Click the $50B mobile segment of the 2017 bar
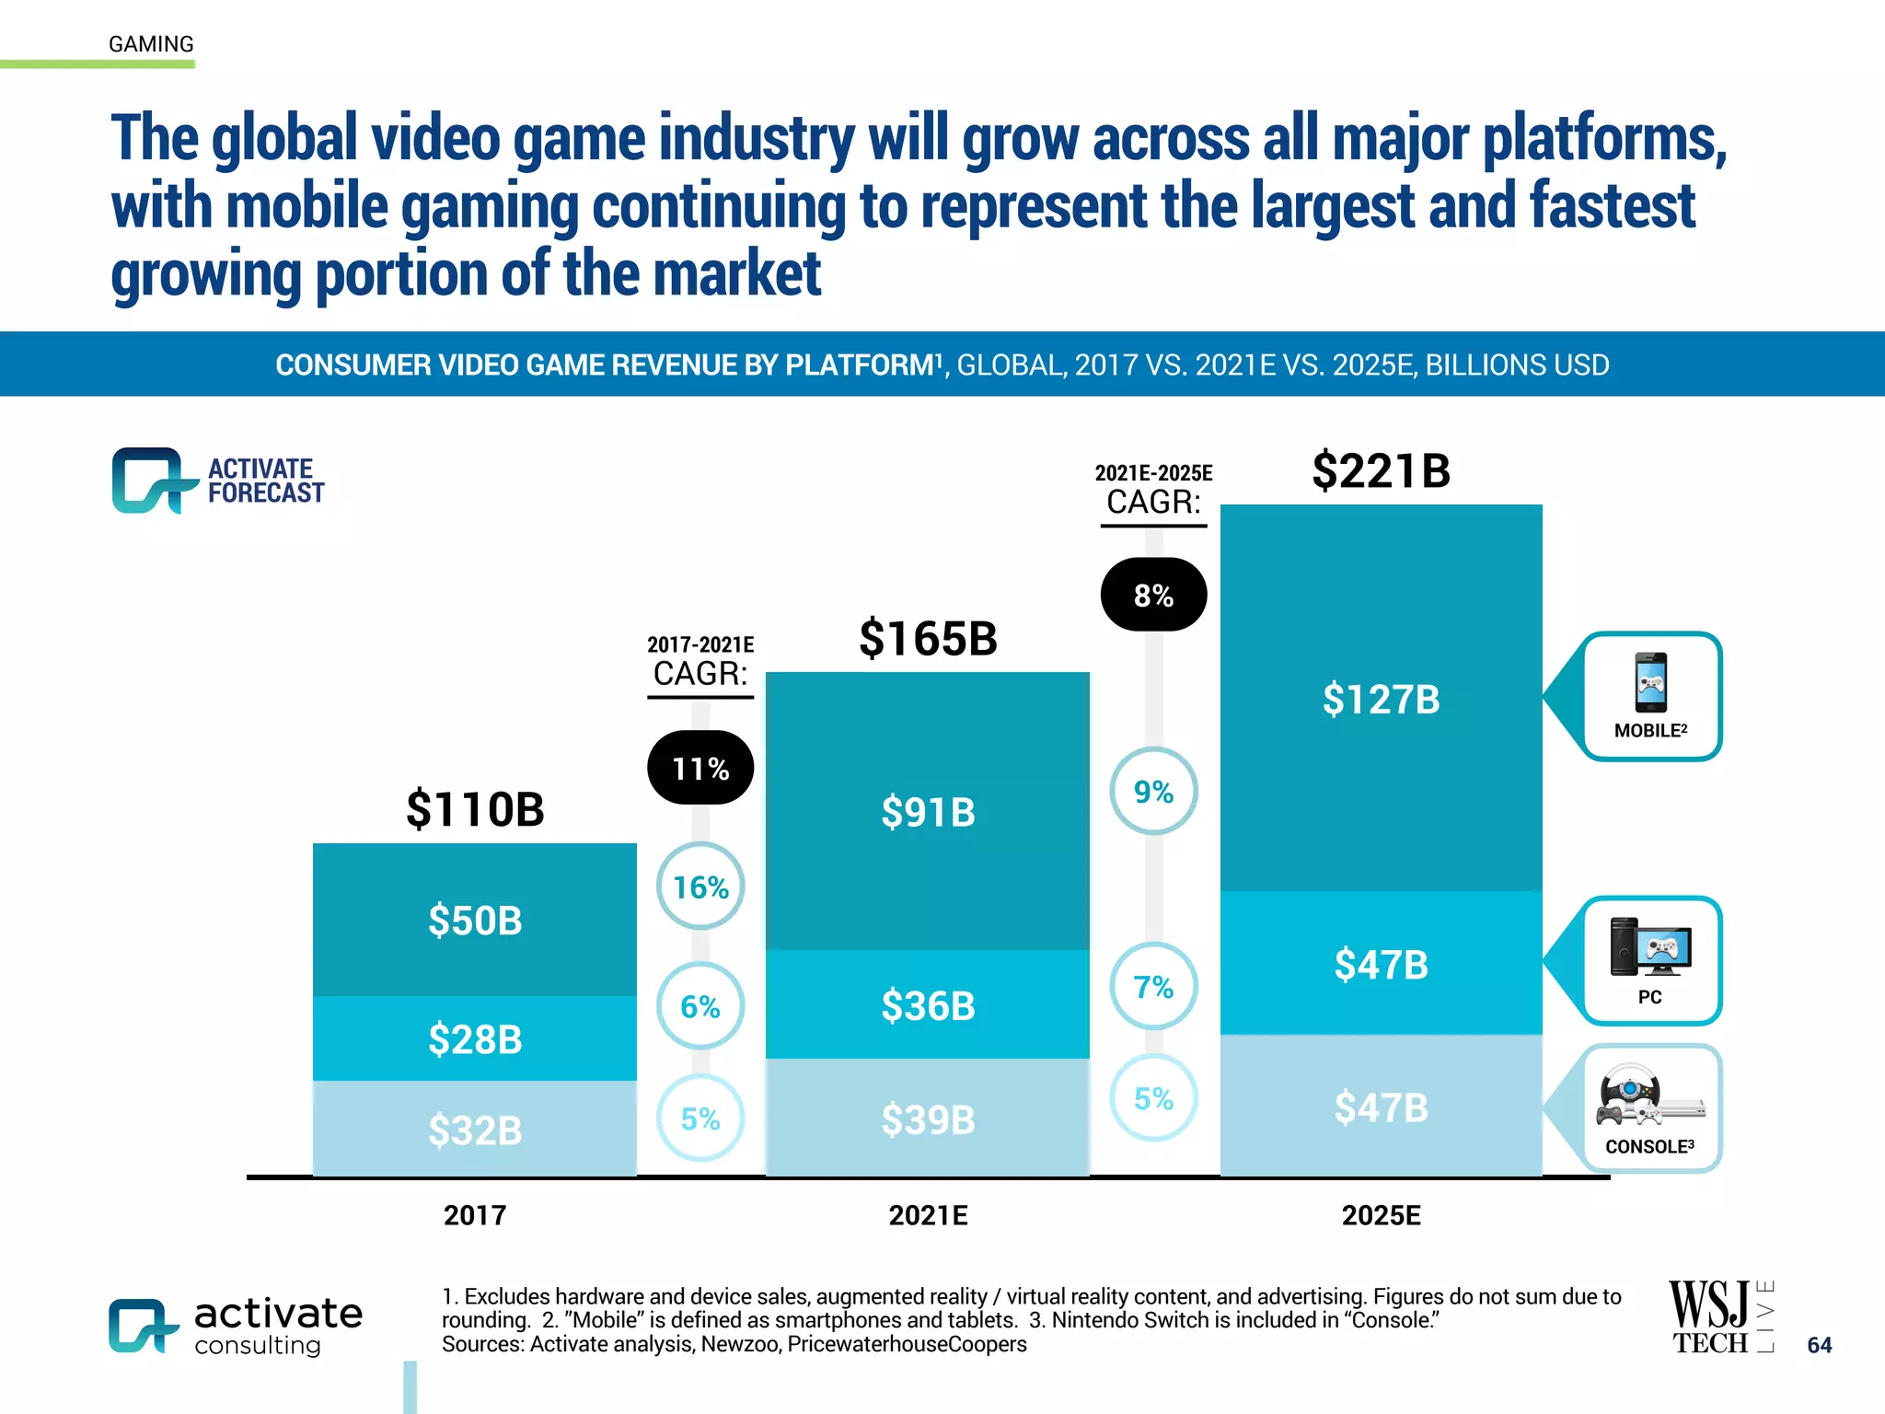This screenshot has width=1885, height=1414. point(475,920)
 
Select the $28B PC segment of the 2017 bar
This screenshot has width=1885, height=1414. point(475,1038)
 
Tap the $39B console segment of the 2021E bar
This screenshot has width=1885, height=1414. point(927,1118)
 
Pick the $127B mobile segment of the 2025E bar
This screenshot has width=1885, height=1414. point(1381,698)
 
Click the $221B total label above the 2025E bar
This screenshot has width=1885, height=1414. point(1381,470)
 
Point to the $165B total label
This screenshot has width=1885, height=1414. point(927,638)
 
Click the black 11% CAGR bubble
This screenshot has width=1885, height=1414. point(700,768)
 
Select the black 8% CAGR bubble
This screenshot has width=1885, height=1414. point(1153,595)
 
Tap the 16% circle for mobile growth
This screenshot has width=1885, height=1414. point(700,887)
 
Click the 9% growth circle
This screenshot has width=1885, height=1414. point(1153,791)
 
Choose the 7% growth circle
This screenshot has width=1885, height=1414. point(1153,987)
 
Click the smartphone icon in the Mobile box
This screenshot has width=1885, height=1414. point(1650,682)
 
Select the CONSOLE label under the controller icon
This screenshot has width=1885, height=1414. point(1648,1147)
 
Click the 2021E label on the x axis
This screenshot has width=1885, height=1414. point(927,1215)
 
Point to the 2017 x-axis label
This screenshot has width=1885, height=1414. point(475,1215)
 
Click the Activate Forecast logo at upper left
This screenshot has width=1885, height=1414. point(218,481)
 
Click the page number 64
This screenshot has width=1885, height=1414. point(1819,1345)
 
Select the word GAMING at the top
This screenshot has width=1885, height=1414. point(151,44)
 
